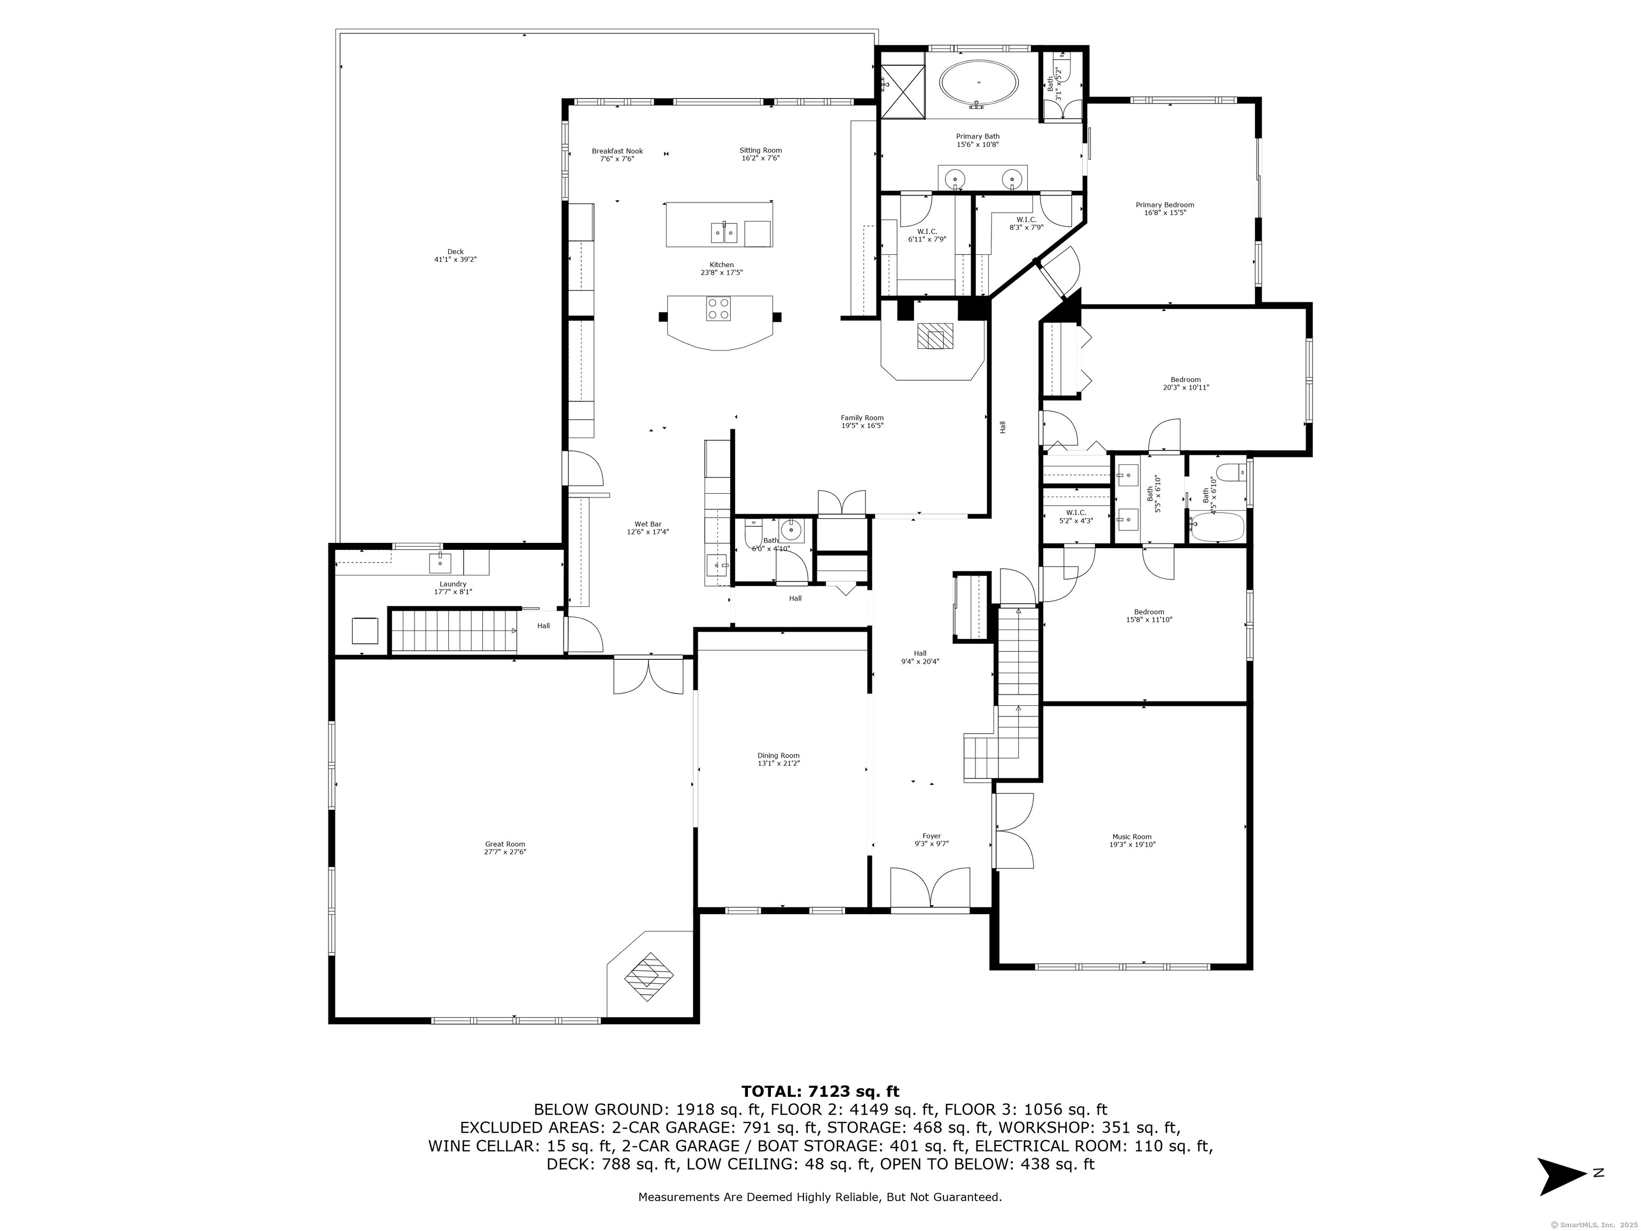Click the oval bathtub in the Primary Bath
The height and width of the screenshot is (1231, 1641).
(979, 85)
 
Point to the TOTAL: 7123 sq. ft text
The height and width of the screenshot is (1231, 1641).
(820, 1092)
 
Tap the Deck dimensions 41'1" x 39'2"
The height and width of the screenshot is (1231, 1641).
(456, 260)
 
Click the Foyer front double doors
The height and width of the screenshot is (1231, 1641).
(929, 888)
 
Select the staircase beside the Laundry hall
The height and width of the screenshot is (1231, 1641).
(454, 630)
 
